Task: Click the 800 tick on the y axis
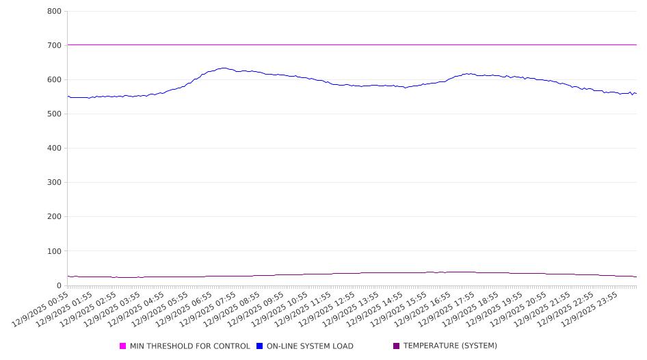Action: click(x=55, y=12)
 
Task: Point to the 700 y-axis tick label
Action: click(x=55, y=46)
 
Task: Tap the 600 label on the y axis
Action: click(x=55, y=80)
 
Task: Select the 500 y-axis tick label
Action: click(x=55, y=114)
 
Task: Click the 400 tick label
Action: click(x=55, y=149)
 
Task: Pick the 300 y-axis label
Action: click(x=55, y=183)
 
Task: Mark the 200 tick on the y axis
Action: click(x=55, y=217)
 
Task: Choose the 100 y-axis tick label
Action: click(x=55, y=251)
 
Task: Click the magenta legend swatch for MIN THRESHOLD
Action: click(x=123, y=346)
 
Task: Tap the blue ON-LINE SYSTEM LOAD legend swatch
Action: click(x=260, y=346)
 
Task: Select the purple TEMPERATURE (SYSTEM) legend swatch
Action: click(x=397, y=346)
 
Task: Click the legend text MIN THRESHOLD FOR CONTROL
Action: click(x=190, y=346)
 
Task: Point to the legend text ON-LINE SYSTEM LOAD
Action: click(x=310, y=346)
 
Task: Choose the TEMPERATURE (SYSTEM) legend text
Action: click(x=450, y=346)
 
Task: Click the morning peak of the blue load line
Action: click(x=224, y=68)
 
